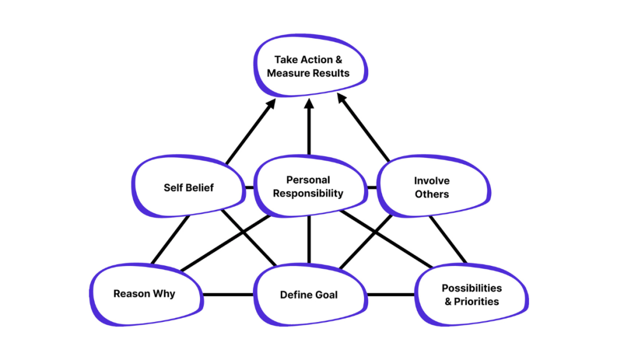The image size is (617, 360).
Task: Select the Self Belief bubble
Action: pyautogui.click(x=189, y=187)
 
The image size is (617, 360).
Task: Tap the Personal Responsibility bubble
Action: pyautogui.click(x=308, y=186)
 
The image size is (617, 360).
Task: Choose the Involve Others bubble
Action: pyautogui.click(x=431, y=187)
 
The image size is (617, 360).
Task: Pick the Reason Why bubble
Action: pyautogui.click(x=144, y=294)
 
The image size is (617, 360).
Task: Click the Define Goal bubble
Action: pyautogui.click(x=308, y=295)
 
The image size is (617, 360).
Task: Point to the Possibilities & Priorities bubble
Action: pyautogui.click(x=472, y=294)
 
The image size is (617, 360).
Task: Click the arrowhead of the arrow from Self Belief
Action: pyautogui.click(x=271, y=104)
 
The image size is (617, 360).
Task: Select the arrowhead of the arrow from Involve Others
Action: pyautogui.click(x=342, y=99)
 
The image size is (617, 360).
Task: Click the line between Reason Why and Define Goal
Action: pyautogui.click(x=228, y=295)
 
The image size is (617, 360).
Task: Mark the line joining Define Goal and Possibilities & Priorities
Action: pyautogui.click(x=390, y=295)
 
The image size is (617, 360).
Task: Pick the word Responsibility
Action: pyautogui.click(x=308, y=194)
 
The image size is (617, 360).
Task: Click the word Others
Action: pyautogui.click(x=431, y=194)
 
